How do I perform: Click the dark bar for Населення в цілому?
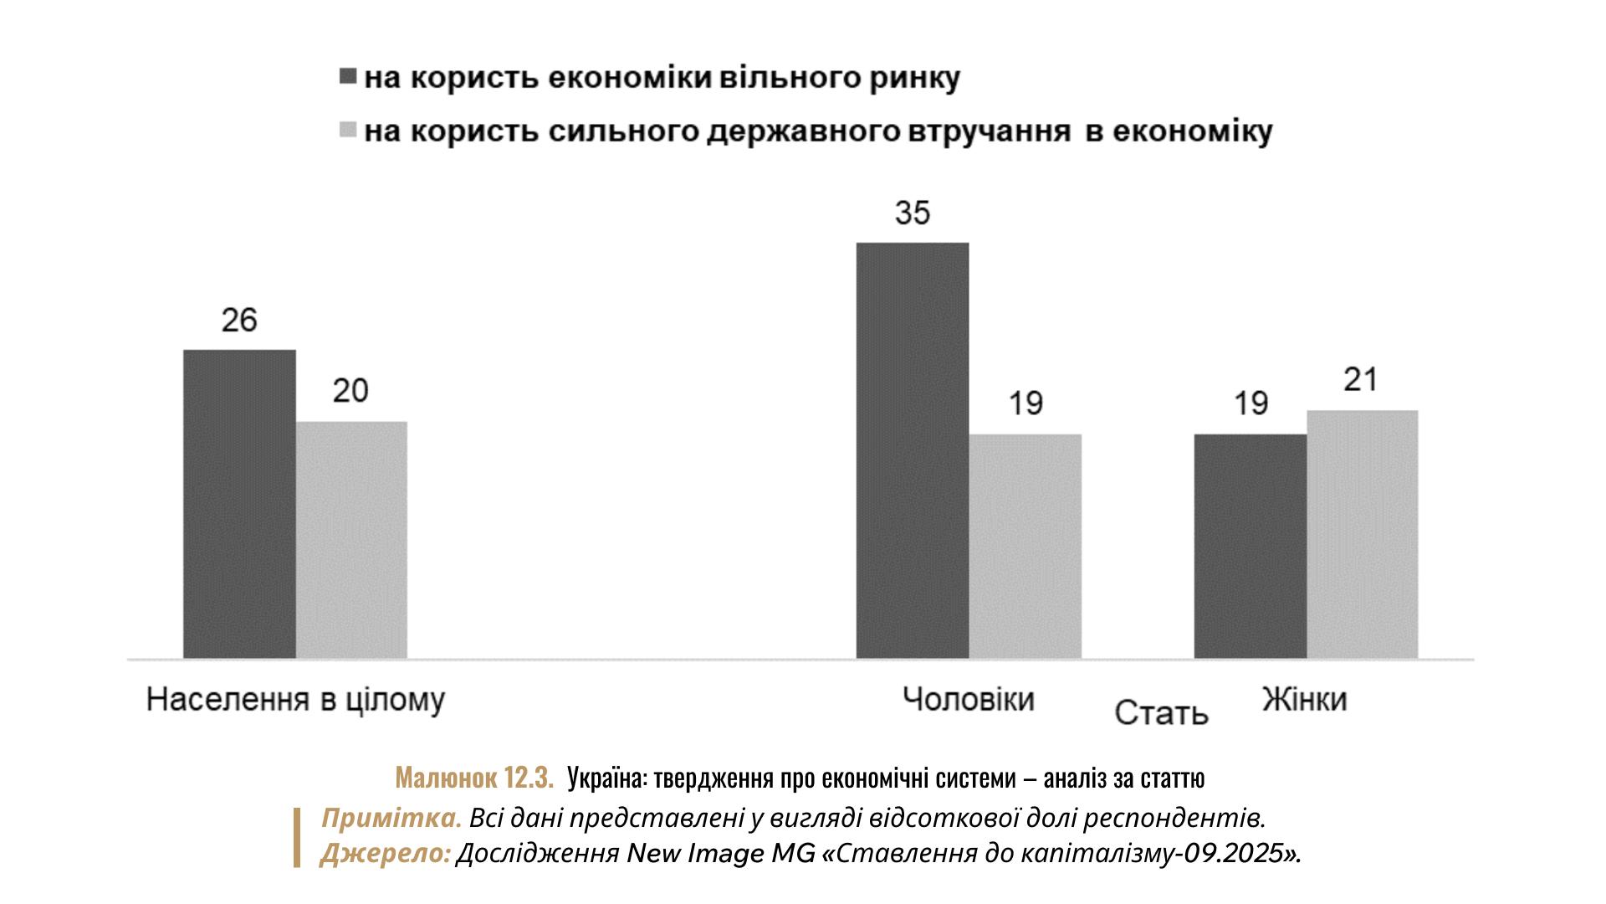239,504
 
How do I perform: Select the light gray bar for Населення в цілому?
351,540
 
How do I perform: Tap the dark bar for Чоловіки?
913,450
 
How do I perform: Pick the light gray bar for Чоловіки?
1025,546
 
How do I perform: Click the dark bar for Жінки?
1250,546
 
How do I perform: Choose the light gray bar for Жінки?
1362,534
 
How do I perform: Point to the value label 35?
913,213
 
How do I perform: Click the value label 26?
239,321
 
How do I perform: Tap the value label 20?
351,391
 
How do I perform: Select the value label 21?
1361,380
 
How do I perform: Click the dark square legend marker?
347,78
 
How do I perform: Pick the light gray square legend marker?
347,131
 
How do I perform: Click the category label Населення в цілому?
295,700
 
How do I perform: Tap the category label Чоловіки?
968,699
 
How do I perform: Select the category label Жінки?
1305,699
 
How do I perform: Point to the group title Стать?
1162,713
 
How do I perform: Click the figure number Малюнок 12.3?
474,778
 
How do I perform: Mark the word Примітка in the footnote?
391,817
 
